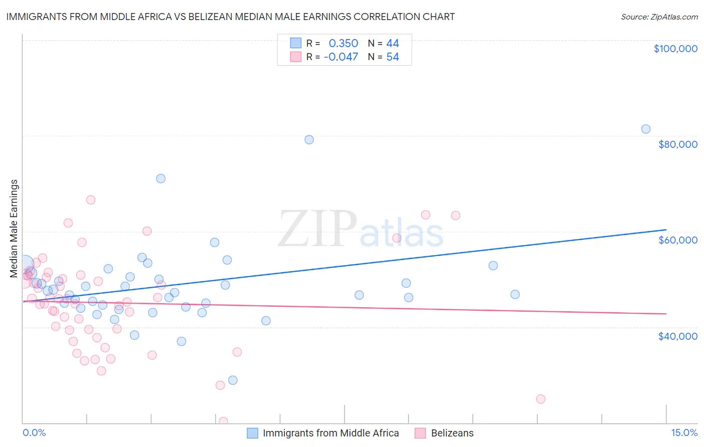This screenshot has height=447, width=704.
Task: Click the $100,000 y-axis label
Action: click(675, 49)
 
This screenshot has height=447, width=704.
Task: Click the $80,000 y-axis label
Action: click(677, 144)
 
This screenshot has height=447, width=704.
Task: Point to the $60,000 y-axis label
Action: click(677, 240)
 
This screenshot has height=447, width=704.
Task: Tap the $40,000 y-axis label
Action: click(677, 336)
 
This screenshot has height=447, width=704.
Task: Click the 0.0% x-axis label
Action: click(34, 432)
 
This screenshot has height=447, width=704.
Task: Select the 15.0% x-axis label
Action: click(684, 432)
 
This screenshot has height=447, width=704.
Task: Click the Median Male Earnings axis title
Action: click(14, 229)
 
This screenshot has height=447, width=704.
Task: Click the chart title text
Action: click(230, 17)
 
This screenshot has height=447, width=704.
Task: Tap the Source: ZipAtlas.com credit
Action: click(659, 17)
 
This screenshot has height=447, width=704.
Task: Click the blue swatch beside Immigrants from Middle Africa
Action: click(252, 433)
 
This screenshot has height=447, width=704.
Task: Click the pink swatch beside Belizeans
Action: click(420, 433)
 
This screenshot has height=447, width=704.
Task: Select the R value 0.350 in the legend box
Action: click(343, 44)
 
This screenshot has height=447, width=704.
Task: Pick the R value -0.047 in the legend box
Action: click(340, 57)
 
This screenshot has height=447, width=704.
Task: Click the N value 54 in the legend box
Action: click(393, 57)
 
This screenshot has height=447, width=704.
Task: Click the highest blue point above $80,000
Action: click(646, 129)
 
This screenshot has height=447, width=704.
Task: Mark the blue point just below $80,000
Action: click(309, 140)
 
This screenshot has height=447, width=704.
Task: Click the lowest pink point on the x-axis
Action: click(223, 421)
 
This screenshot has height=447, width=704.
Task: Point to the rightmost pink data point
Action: click(541, 399)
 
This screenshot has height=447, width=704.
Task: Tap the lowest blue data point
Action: click(233, 380)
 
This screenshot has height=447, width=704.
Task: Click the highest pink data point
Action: click(91, 200)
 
